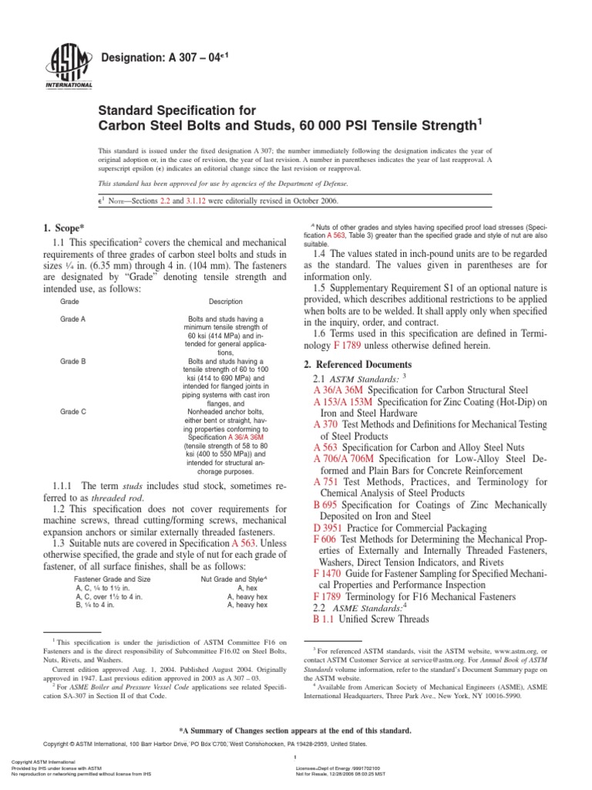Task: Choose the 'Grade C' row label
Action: [x=72, y=412]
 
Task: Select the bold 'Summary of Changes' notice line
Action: [x=295, y=730]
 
